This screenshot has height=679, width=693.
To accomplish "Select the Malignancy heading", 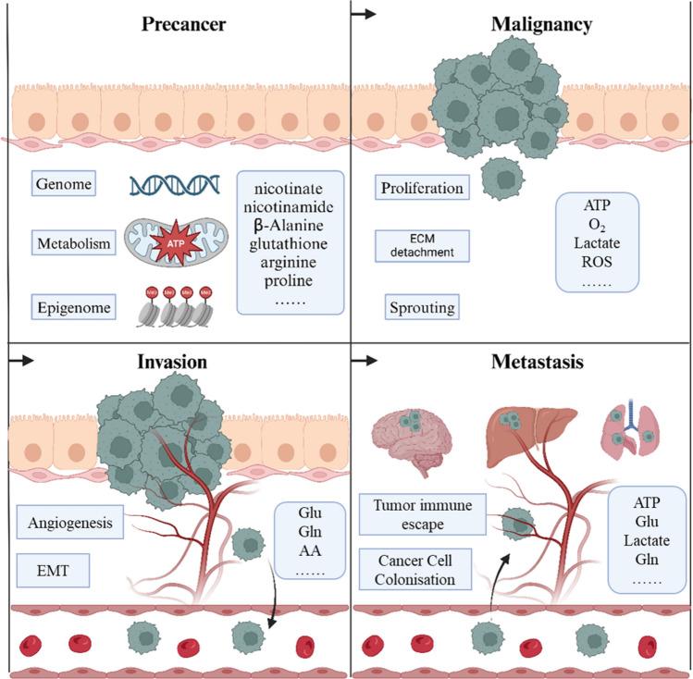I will pos(542,24).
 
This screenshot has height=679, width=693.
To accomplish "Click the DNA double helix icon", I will pos(173,185).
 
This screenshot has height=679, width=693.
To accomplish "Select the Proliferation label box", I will pos(422,188).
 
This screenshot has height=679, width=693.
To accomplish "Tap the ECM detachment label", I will pos(422,246).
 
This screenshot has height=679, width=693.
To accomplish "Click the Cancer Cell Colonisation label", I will pos(415,570).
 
